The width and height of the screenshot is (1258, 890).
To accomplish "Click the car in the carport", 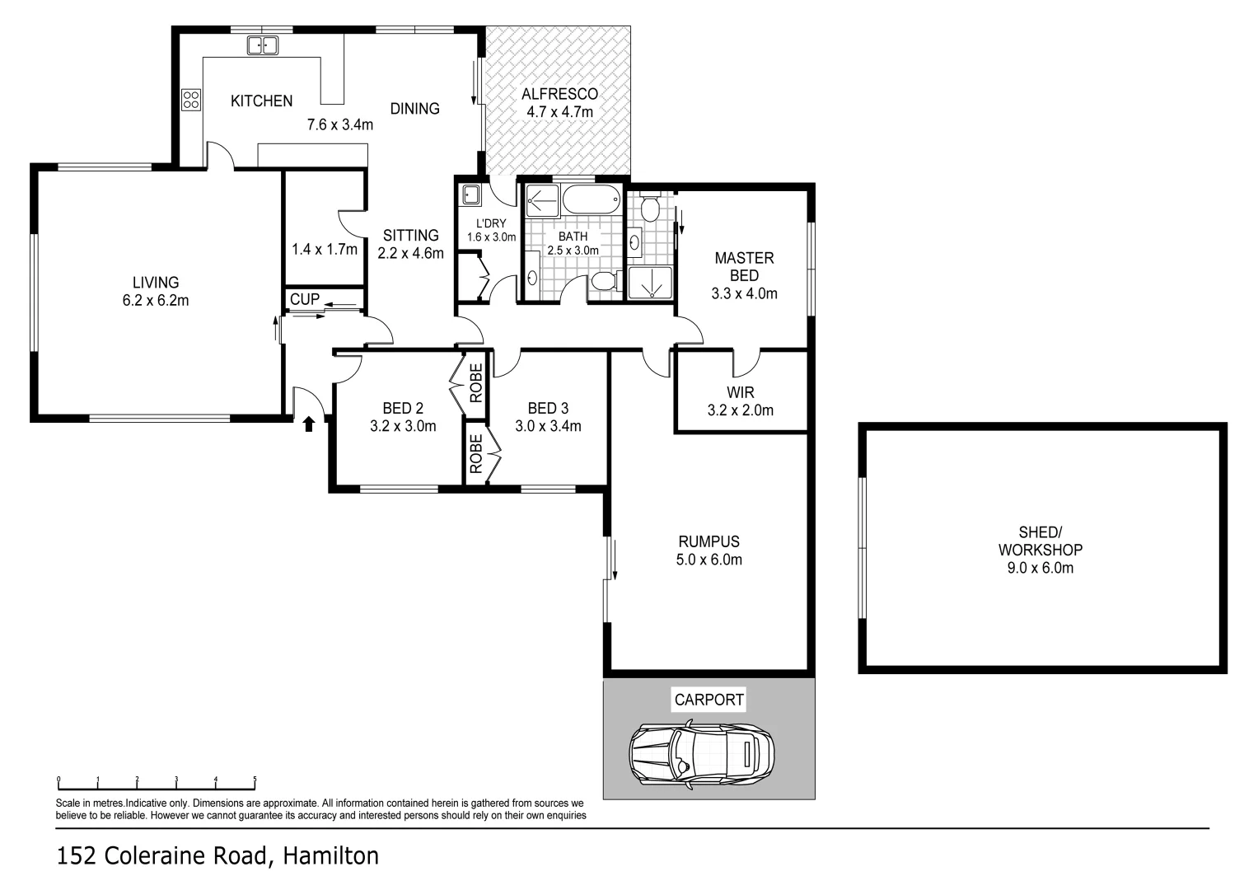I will point(701,752).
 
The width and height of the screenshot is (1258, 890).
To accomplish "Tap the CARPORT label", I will point(709,700).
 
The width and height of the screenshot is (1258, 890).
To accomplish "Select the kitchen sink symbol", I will point(263,45).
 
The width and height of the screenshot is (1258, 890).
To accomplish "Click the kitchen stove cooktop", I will point(191,100).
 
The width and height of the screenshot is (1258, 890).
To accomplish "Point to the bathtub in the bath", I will point(591,199).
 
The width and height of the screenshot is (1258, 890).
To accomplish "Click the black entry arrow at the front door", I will point(309,424).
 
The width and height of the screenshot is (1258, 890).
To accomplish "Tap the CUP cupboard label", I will point(305,299).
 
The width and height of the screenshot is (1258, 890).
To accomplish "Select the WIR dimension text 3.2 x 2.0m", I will point(740,410).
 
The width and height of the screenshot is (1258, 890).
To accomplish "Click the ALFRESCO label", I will point(559,94).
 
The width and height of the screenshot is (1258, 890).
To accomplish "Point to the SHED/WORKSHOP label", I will point(1040,541).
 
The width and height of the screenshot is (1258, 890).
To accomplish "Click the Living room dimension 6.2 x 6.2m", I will point(156,301).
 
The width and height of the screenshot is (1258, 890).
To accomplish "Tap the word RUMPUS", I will point(709,541).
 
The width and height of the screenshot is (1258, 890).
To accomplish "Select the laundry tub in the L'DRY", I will point(471,195).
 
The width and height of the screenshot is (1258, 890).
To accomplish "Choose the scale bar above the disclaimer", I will point(157,782).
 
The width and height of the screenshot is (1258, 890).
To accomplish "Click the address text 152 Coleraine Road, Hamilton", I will point(217,856).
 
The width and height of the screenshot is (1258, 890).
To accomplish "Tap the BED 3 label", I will point(548,408).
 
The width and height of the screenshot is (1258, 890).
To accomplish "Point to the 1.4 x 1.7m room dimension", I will point(325,249).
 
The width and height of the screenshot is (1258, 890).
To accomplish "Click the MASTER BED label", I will point(744,266).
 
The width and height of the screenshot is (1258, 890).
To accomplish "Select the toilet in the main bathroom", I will point(604,282).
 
